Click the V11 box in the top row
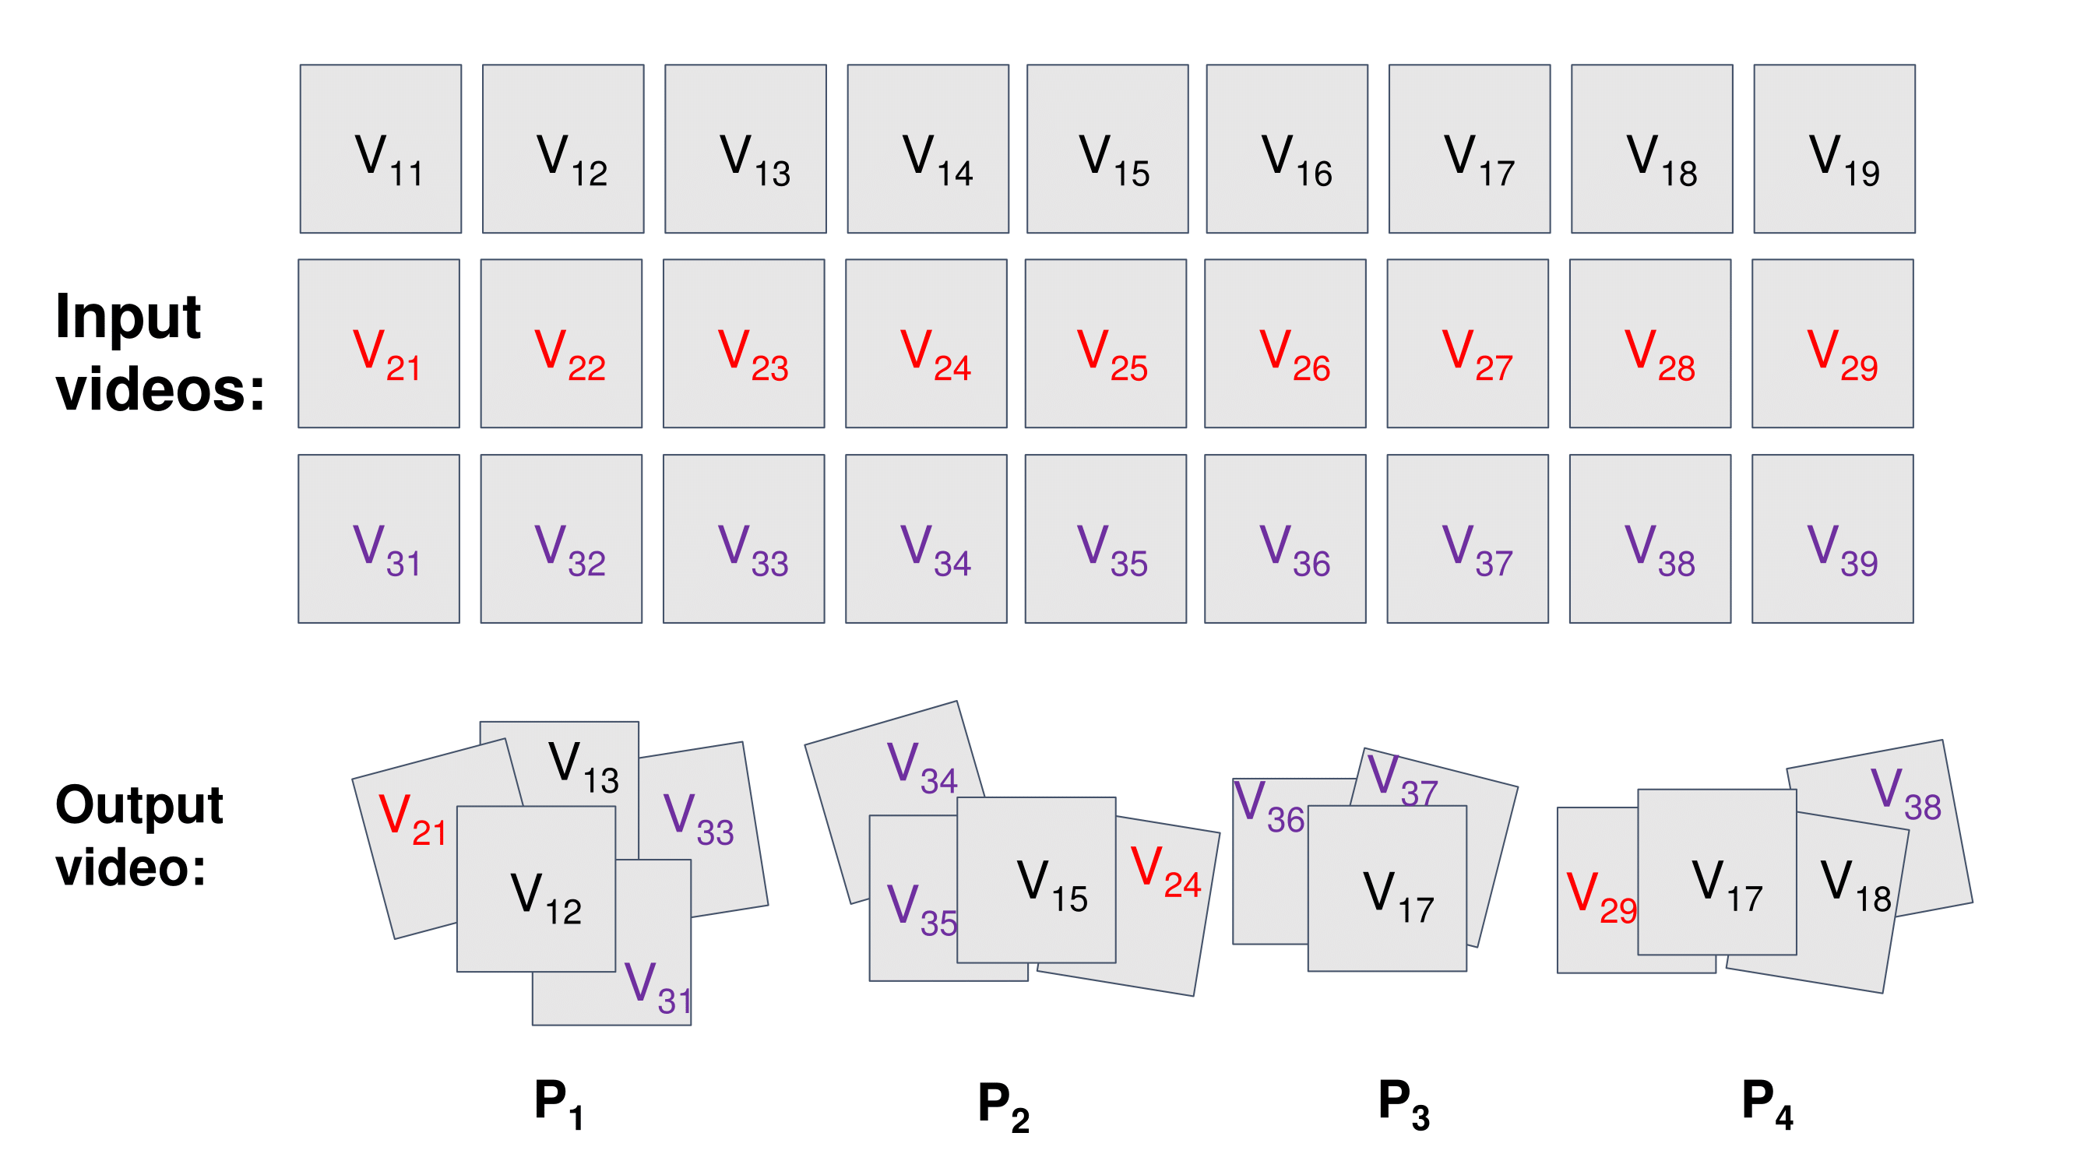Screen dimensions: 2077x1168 click(x=381, y=150)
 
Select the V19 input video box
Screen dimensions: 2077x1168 click(x=1834, y=150)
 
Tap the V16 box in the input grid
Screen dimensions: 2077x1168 click(x=1287, y=150)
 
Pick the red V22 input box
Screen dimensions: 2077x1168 click(x=561, y=343)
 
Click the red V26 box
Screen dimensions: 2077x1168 click(x=1285, y=343)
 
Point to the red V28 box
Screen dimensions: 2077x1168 click(x=1650, y=343)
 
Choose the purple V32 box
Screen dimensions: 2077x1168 click(x=561, y=539)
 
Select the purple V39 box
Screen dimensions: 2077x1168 click(x=1832, y=539)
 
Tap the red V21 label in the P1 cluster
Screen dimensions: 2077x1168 click(x=412, y=819)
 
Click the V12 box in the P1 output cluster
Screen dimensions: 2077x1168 click(x=536, y=889)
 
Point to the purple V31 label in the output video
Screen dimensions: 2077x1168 click(x=658, y=988)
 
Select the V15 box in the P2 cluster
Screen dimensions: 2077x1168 click(x=1036, y=879)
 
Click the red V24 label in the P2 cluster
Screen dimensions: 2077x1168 click(x=1166, y=872)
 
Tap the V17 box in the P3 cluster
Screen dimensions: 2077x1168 click(x=1387, y=888)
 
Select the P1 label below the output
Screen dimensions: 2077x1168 click(x=558, y=1103)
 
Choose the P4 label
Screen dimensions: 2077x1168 click(x=1766, y=1103)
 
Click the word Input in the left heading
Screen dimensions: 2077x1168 click(x=128, y=318)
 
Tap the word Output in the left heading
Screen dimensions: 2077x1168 click(x=139, y=806)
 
